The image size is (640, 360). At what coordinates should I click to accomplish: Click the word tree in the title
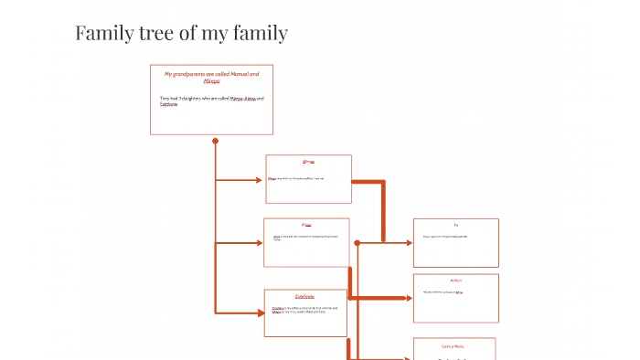pos(162,34)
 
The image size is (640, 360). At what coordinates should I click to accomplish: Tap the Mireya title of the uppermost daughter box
pos(308,161)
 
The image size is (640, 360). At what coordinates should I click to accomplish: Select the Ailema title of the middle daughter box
pos(306,225)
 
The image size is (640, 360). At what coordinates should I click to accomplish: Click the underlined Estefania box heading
pos(305,296)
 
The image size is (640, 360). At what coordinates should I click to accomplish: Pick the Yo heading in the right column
pos(455,225)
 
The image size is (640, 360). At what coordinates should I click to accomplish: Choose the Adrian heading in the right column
pos(455,280)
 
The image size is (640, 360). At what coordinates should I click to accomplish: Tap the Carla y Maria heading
pos(454,346)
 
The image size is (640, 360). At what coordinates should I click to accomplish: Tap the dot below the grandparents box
pos(215,142)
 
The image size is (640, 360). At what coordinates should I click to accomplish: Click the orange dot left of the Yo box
pos(357,243)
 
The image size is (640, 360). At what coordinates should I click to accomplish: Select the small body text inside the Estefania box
pos(304,310)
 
